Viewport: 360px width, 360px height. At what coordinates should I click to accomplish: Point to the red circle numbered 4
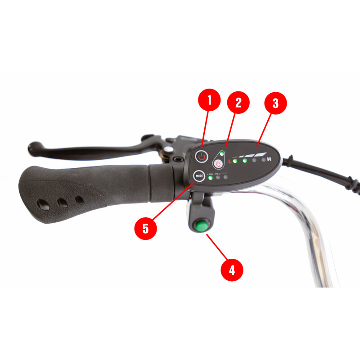pos(232,270)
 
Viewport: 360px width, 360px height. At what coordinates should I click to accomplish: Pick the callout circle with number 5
pos(145,228)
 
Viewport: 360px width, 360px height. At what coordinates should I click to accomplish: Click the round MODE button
pos(198,176)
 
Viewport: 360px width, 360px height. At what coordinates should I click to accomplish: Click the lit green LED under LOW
pos(210,178)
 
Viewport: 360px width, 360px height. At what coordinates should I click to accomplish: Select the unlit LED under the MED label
pos(218,178)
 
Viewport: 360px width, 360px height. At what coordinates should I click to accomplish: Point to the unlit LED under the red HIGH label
pos(225,178)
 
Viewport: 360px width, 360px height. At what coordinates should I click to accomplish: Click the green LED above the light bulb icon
pos(222,154)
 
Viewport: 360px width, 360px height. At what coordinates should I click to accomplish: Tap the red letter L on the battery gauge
pos(229,161)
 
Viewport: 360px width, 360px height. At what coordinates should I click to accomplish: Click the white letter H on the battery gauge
pos(270,159)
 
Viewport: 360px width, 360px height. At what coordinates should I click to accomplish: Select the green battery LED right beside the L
pos(235,160)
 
